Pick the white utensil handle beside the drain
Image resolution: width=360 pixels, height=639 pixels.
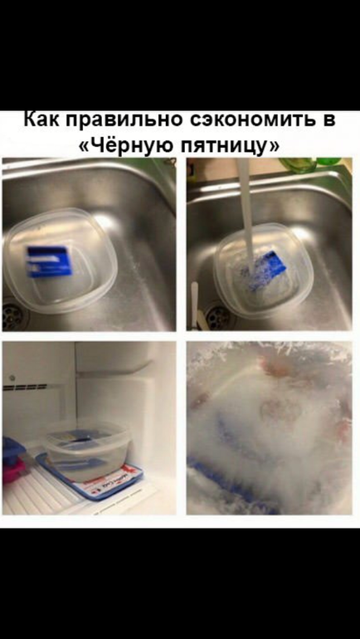click(x=195, y=305)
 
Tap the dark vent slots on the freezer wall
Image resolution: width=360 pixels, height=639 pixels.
click(x=25, y=387)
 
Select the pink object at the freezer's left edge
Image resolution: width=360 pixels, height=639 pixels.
click(x=12, y=468)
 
